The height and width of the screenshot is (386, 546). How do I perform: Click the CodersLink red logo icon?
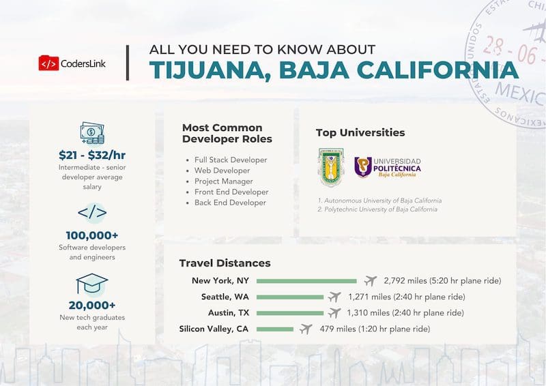pyautogui.click(x=48, y=63)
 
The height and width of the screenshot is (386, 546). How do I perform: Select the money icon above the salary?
pyautogui.click(x=91, y=133)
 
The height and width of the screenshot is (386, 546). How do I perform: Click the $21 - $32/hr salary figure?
pyautogui.click(x=91, y=155)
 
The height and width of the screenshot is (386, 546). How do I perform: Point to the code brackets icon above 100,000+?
pyautogui.click(x=91, y=213)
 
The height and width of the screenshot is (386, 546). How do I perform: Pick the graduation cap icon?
pyautogui.click(x=91, y=284)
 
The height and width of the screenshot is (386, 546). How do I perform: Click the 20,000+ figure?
pyautogui.click(x=91, y=306)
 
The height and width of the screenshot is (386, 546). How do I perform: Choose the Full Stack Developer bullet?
pyautogui.click(x=231, y=160)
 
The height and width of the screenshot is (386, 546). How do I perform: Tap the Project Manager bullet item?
pyautogui.click(x=223, y=181)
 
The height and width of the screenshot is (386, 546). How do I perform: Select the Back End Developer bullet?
pyautogui.click(x=230, y=203)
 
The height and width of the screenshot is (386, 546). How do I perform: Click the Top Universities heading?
pyautogui.click(x=360, y=132)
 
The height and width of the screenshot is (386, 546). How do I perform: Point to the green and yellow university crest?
pyautogui.click(x=331, y=168)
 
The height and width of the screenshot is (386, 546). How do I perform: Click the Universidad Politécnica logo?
pyautogui.click(x=388, y=167)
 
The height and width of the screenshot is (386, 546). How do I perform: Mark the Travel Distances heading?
pyautogui.click(x=225, y=263)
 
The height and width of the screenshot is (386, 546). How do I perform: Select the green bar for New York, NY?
pyautogui.click(x=306, y=280)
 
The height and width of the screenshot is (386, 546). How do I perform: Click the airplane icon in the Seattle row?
pyautogui.click(x=334, y=297)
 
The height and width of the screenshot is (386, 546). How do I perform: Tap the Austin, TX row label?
pyautogui.click(x=229, y=313)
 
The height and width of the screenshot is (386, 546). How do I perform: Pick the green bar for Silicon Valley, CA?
pyautogui.click(x=274, y=329)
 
